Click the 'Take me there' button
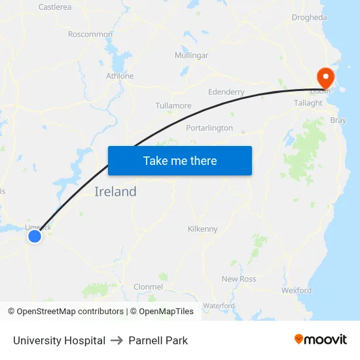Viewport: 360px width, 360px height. click(x=180, y=160)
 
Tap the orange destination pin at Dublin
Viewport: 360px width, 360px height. click(x=325, y=77)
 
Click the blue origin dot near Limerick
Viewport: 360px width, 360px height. click(x=35, y=236)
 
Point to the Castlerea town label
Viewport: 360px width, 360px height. click(x=55, y=7)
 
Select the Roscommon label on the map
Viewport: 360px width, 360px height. click(x=90, y=34)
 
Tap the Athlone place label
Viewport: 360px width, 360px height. click(x=120, y=76)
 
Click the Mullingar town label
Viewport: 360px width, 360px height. click(x=191, y=56)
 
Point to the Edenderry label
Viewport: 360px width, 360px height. click(x=226, y=92)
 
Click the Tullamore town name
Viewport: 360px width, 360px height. click(x=173, y=105)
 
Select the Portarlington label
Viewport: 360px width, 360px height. click(x=209, y=128)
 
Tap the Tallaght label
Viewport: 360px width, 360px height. click(x=308, y=103)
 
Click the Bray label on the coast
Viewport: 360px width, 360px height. click(x=338, y=120)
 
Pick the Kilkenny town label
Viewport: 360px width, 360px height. click(x=202, y=229)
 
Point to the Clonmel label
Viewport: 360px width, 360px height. click(x=148, y=287)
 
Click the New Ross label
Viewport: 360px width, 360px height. click(x=239, y=279)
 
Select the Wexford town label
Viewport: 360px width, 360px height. click(x=297, y=290)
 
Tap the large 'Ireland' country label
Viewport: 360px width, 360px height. click(x=116, y=192)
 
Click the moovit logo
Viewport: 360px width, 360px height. click(x=321, y=340)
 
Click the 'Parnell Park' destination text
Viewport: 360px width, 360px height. click(x=158, y=340)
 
